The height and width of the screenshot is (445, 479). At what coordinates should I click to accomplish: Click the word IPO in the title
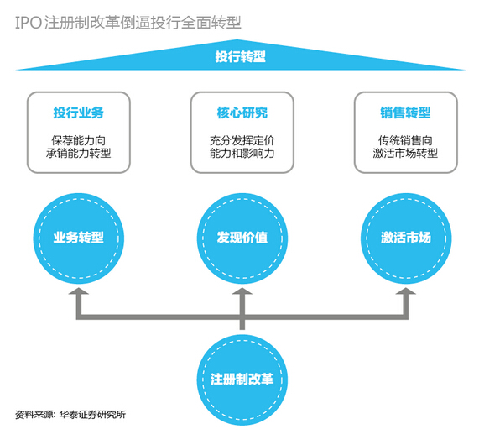pyautogui.click(x=29, y=23)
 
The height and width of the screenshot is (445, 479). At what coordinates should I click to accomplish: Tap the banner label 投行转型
pyautogui.click(x=240, y=56)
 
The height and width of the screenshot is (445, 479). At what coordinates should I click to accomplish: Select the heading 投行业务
pyautogui.click(x=79, y=113)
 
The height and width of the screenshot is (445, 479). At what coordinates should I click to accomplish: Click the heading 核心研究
pyautogui.click(x=242, y=113)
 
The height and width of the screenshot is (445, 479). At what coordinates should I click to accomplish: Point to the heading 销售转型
pyautogui.click(x=405, y=113)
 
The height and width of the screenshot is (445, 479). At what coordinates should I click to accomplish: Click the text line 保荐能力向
pyautogui.click(x=79, y=140)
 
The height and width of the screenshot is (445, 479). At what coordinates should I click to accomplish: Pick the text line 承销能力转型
pyautogui.click(x=79, y=153)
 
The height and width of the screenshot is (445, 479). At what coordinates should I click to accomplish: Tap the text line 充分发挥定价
pyautogui.click(x=242, y=140)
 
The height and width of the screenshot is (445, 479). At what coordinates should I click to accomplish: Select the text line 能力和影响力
pyautogui.click(x=242, y=153)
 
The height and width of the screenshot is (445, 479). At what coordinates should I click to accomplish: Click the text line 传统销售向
pyautogui.click(x=405, y=140)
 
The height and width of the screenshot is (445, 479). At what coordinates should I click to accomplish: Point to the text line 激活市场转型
pyautogui.click(x=405, y=153)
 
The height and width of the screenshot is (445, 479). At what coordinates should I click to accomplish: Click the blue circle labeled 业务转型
pyautogui.click(x=79, y=238)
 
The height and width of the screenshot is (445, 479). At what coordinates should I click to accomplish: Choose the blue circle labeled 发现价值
pyautogui.click(x=242, y=238)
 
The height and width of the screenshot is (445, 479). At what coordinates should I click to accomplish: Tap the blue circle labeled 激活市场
pyautogui.click(x=406, y=238)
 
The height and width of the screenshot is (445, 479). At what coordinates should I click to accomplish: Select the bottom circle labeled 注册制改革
pyautogui.click(x=242, y=380)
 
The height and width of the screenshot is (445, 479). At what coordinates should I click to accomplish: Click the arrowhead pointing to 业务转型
pyautogui.click(x=79, y=291)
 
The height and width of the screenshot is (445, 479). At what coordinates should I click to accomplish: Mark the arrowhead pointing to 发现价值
pyautogui.click(x=242, y=291)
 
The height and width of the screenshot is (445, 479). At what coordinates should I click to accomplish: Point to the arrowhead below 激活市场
pyautogui.click(x=406, y=291)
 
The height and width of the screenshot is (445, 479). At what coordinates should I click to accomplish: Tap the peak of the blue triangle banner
pyautogui.click(x=237, y=39)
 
